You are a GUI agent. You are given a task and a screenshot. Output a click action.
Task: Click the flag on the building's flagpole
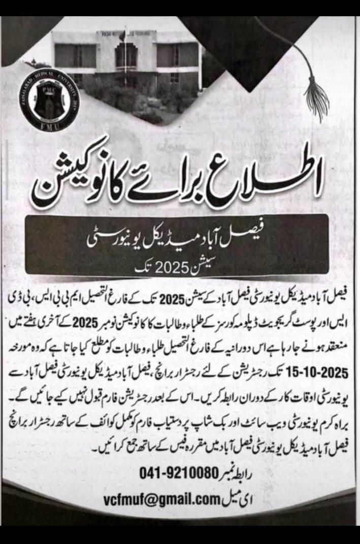[x=122, y=37]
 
